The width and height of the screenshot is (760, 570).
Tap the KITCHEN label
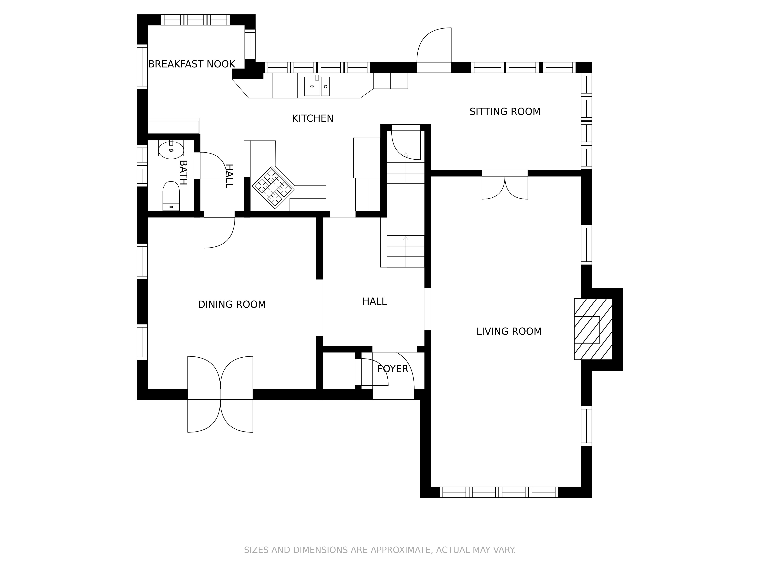coord(313,119)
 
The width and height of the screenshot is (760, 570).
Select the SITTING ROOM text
coord(505,112)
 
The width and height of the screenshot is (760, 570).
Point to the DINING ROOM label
coord(232,304)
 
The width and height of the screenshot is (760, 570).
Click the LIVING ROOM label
coord(509,332)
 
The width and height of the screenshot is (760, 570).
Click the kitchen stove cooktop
coord(273,188)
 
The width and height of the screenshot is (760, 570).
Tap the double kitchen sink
coord(317,86)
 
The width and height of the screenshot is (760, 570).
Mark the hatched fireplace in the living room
coord(593,329)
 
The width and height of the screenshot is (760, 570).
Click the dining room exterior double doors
coord(220,394)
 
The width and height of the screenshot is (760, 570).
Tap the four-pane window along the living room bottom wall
coord(499,492)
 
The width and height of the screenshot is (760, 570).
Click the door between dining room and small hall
coord(219,230)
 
